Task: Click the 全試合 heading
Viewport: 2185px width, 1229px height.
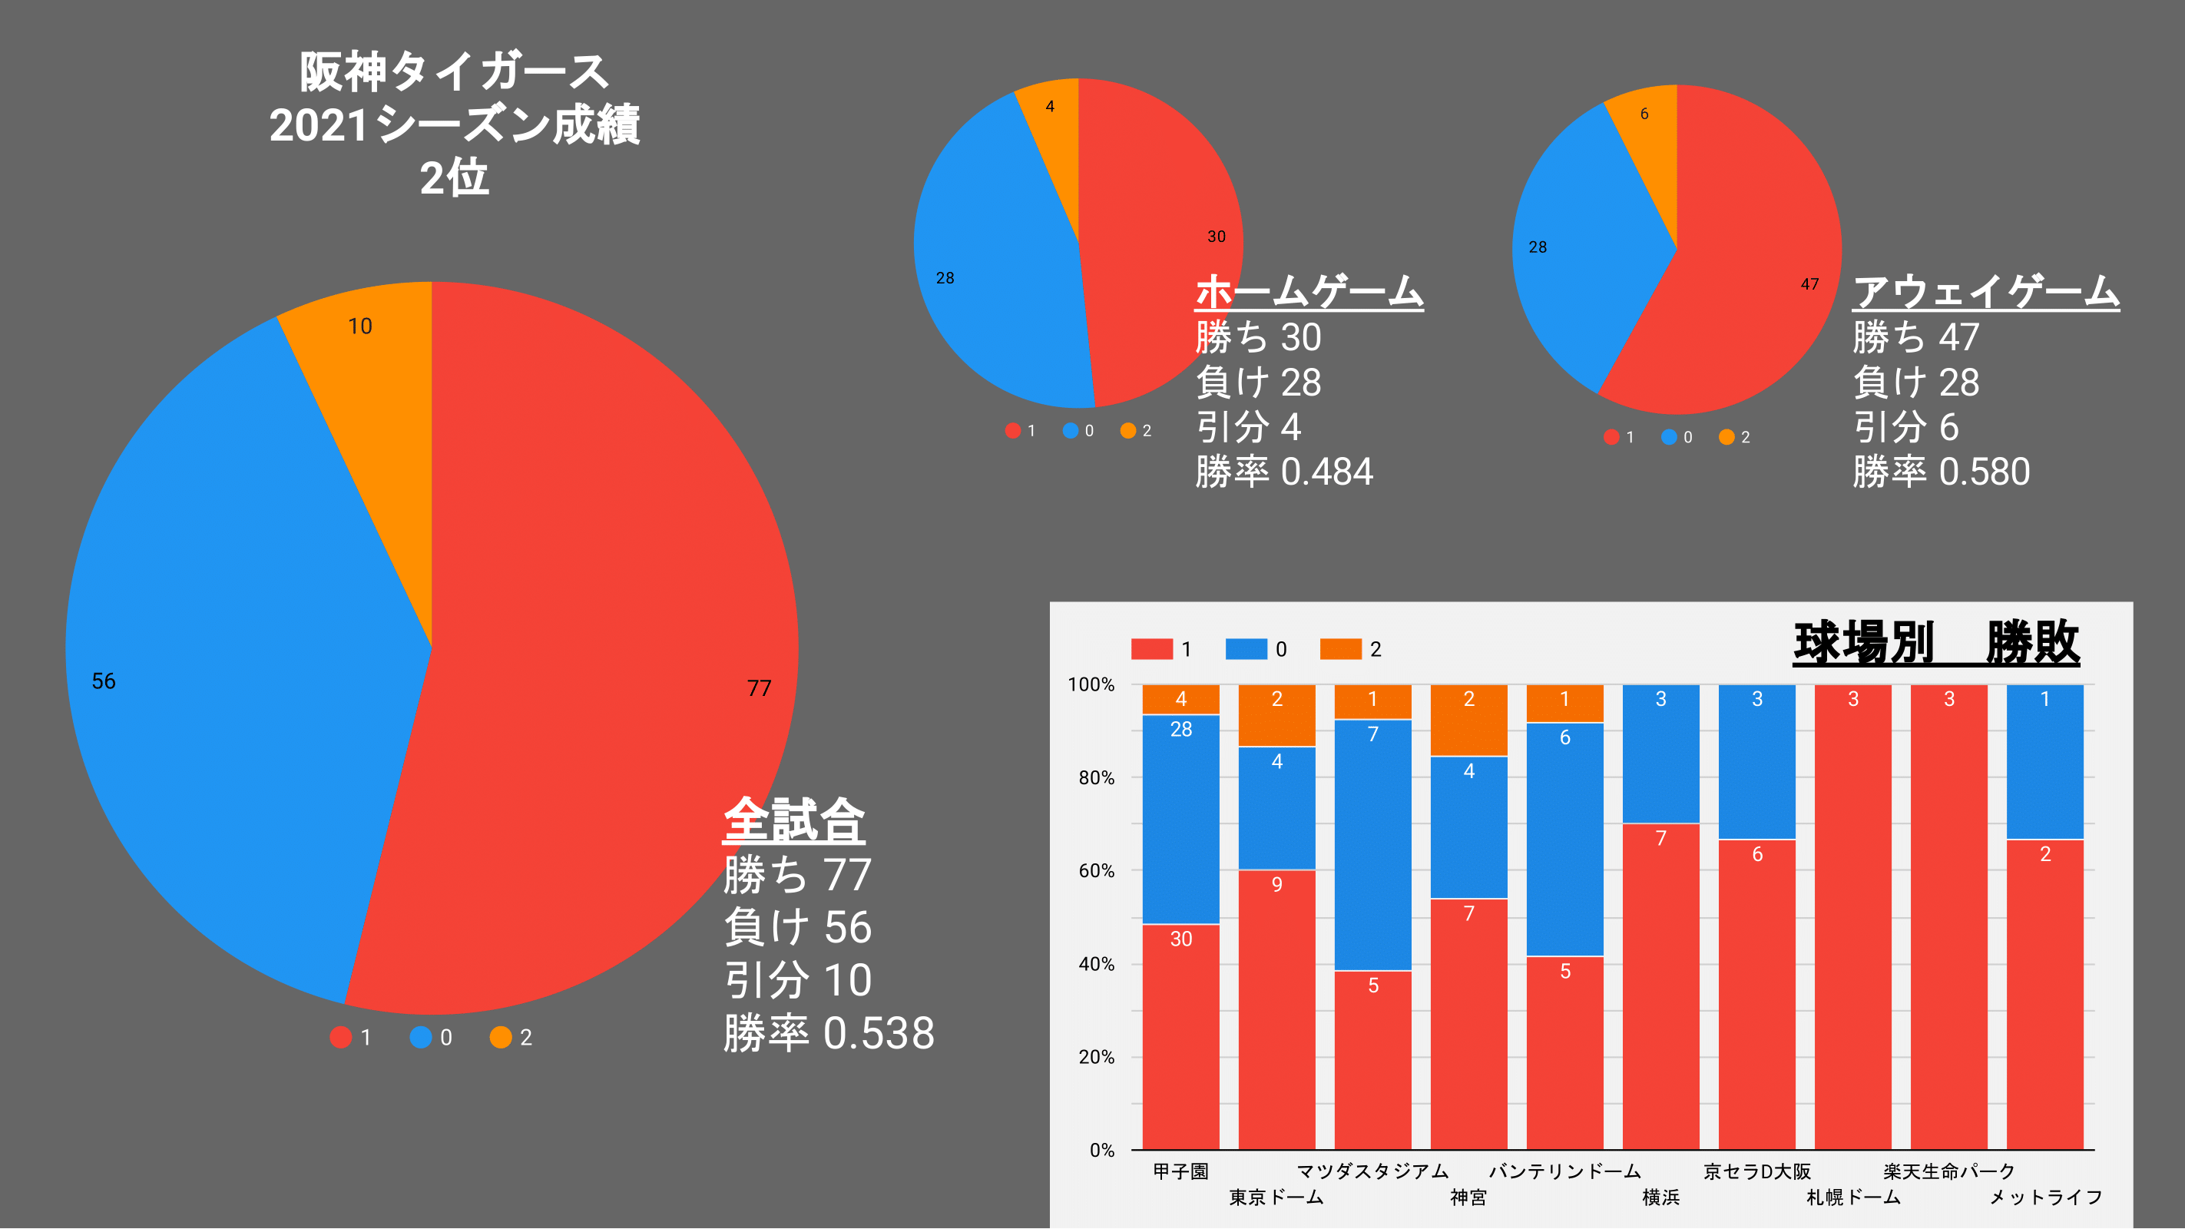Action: click(794, 820)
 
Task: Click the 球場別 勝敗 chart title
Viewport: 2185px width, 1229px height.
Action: click(1935, 642)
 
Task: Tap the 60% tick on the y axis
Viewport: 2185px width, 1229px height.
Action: click(1096, 871)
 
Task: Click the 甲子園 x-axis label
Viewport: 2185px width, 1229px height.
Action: click(1180, 1171)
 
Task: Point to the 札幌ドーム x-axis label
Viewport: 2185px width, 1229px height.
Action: click(1853, 1198)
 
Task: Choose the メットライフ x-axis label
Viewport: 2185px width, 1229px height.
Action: click(2045, 1198)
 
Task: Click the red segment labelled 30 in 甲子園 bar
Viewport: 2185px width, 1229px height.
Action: click(1180, 1035)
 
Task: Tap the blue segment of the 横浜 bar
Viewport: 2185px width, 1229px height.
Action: click(1660, 755)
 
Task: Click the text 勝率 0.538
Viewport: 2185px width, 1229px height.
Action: click(829, 1033)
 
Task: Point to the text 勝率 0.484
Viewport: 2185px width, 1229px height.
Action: click(1283, 472)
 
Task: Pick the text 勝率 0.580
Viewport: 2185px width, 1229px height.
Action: click(1941, 472)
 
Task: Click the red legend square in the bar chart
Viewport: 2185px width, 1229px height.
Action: click(1151, 649)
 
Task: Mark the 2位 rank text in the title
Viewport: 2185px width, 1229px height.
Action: click(455, 178)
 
